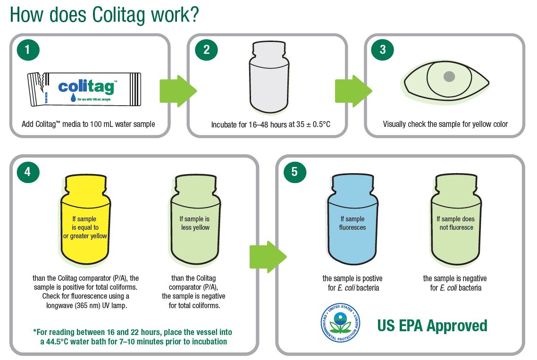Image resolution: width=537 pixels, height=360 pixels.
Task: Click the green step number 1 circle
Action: (28, 50)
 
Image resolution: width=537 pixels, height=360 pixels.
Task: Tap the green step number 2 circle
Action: (206, 50)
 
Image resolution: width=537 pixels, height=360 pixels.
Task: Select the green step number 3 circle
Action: (383, 50)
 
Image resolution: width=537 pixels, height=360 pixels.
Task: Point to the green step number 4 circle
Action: (28, 171)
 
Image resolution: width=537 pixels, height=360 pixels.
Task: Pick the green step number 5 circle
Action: (294, 171)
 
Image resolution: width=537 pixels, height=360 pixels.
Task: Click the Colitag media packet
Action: (84, 89)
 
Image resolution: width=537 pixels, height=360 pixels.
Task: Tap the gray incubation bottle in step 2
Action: (269, 77)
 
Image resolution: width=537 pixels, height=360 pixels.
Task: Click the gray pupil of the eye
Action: (449, 76)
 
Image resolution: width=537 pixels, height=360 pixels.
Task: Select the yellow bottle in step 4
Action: (85, 219)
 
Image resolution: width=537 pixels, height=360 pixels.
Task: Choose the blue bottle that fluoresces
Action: (353, 219)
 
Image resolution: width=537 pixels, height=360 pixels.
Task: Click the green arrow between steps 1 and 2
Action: (178, 91)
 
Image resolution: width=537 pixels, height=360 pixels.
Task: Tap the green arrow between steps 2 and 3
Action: (353, 91)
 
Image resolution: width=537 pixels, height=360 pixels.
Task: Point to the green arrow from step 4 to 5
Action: (268, 257)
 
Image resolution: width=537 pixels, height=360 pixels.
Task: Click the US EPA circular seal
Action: (340, 323)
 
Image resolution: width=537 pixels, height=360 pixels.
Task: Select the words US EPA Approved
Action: (432, 326)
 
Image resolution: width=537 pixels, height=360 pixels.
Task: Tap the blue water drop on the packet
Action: (73, 98)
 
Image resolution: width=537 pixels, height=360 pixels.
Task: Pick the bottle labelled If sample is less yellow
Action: (195, 219)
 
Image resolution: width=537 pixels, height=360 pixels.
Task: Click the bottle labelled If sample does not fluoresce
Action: (456, 219)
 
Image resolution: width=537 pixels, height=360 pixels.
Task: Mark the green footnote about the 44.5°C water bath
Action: (133, 337)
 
